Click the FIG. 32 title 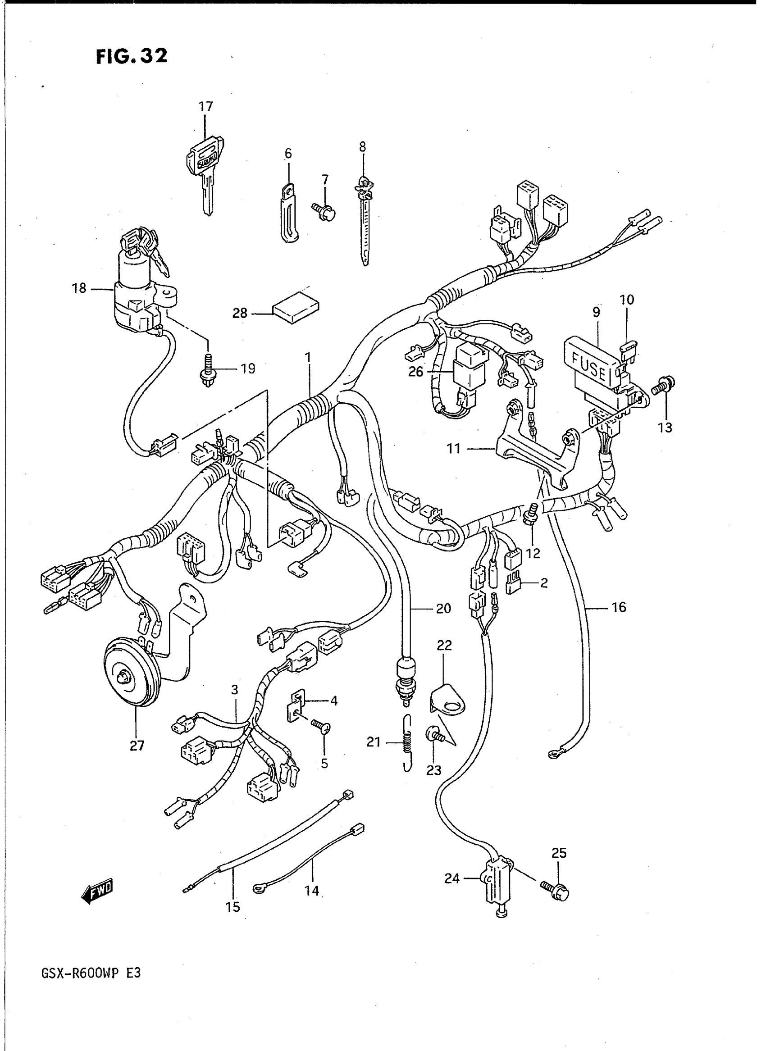[x=131, y=57]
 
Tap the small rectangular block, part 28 [x=296, y=308]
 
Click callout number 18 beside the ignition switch [x=79, y=288]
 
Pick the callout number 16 [x=619, y=607]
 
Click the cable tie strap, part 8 [x=365, y=223]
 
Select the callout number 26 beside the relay [x=415, y=371]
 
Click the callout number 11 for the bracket [x=453, y=448]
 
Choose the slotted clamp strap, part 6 [x=288, y=213]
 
